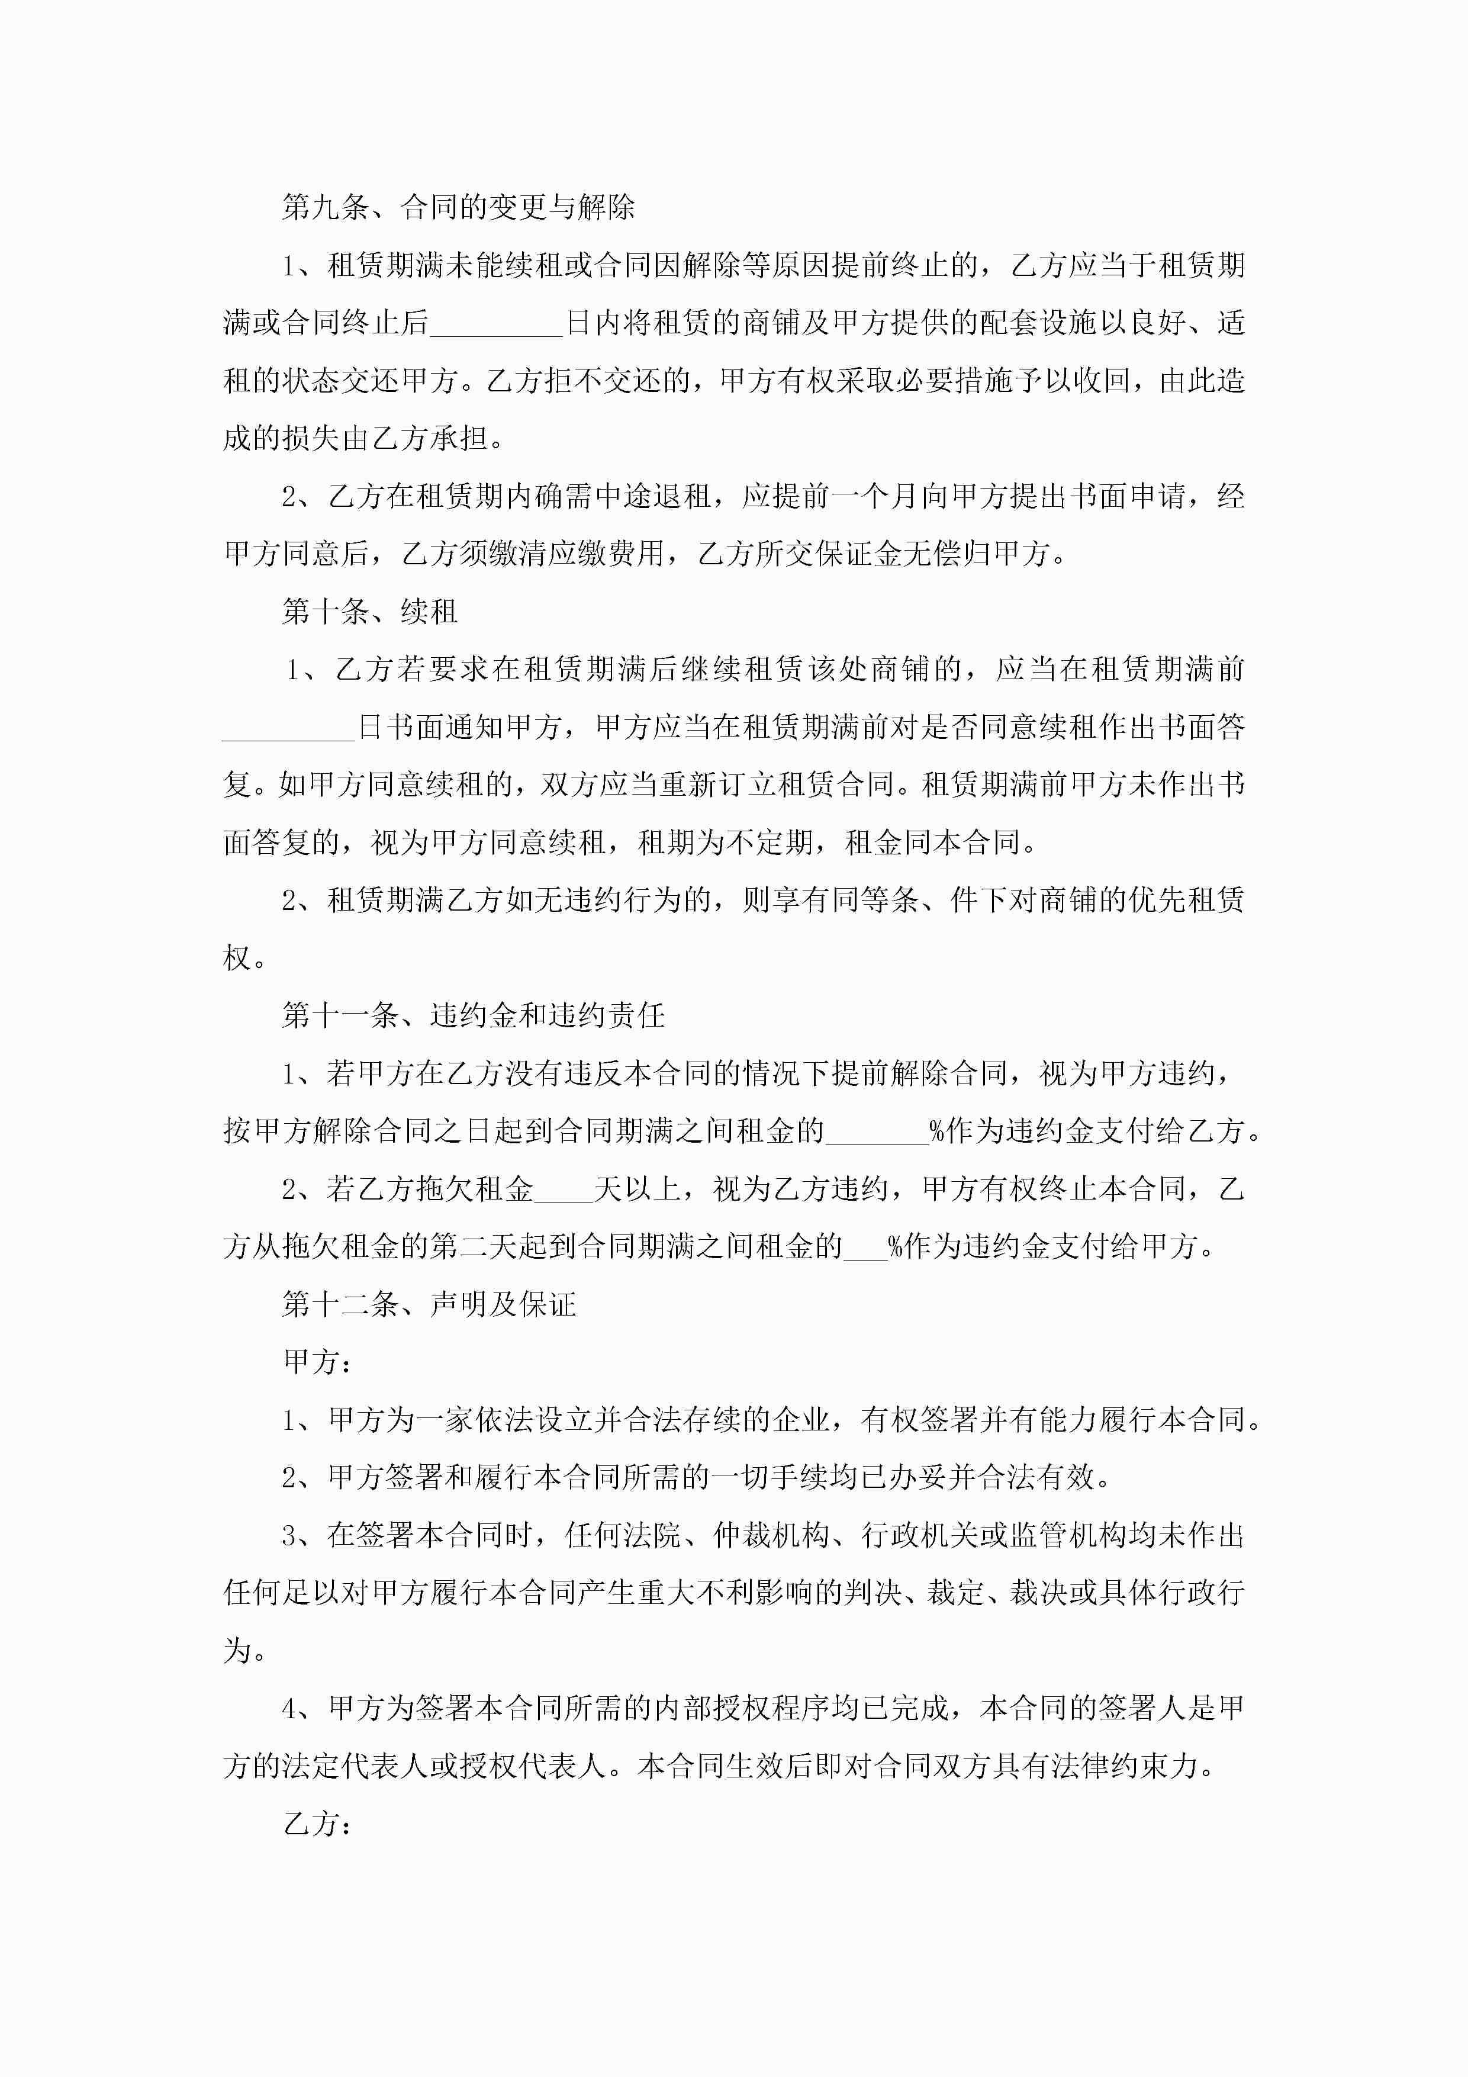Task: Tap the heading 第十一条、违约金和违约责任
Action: click(x=473, y=1015)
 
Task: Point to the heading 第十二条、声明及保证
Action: click(x=429, y=1304)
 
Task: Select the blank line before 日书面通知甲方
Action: click(x=288, y=728)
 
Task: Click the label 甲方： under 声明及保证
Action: click(x=317, y=1361)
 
